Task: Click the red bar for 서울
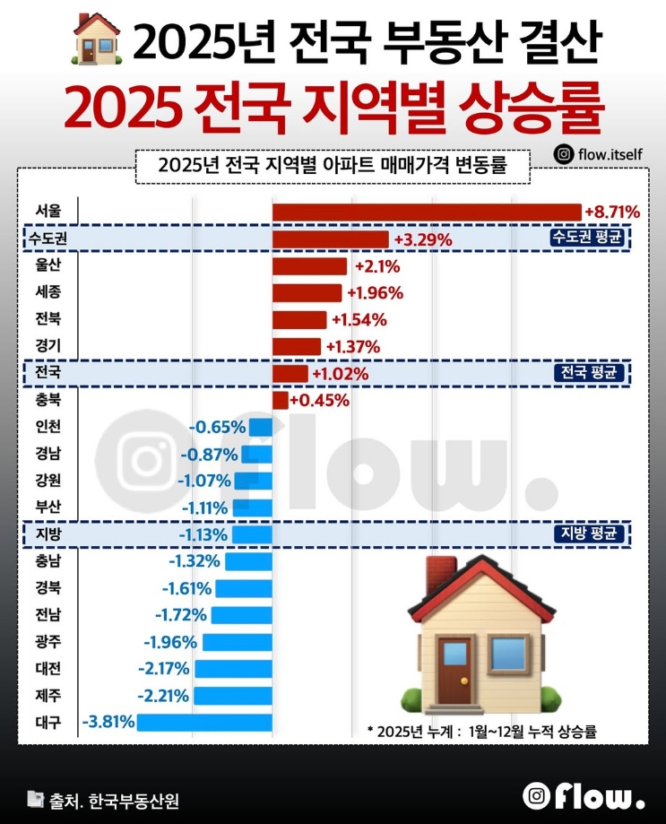[x=427, y=212]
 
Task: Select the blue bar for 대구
[x=204, y=722]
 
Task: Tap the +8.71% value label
[x=612, y=213]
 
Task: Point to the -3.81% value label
[x=108, y=722]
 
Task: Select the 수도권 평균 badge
[x=587, y=239]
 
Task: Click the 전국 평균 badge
[x=587, y=373]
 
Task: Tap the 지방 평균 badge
[x=587, y=534]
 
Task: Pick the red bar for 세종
[x=307, y=293]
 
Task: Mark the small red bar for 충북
[x=280, y=400]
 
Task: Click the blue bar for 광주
[x=238, y=642]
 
